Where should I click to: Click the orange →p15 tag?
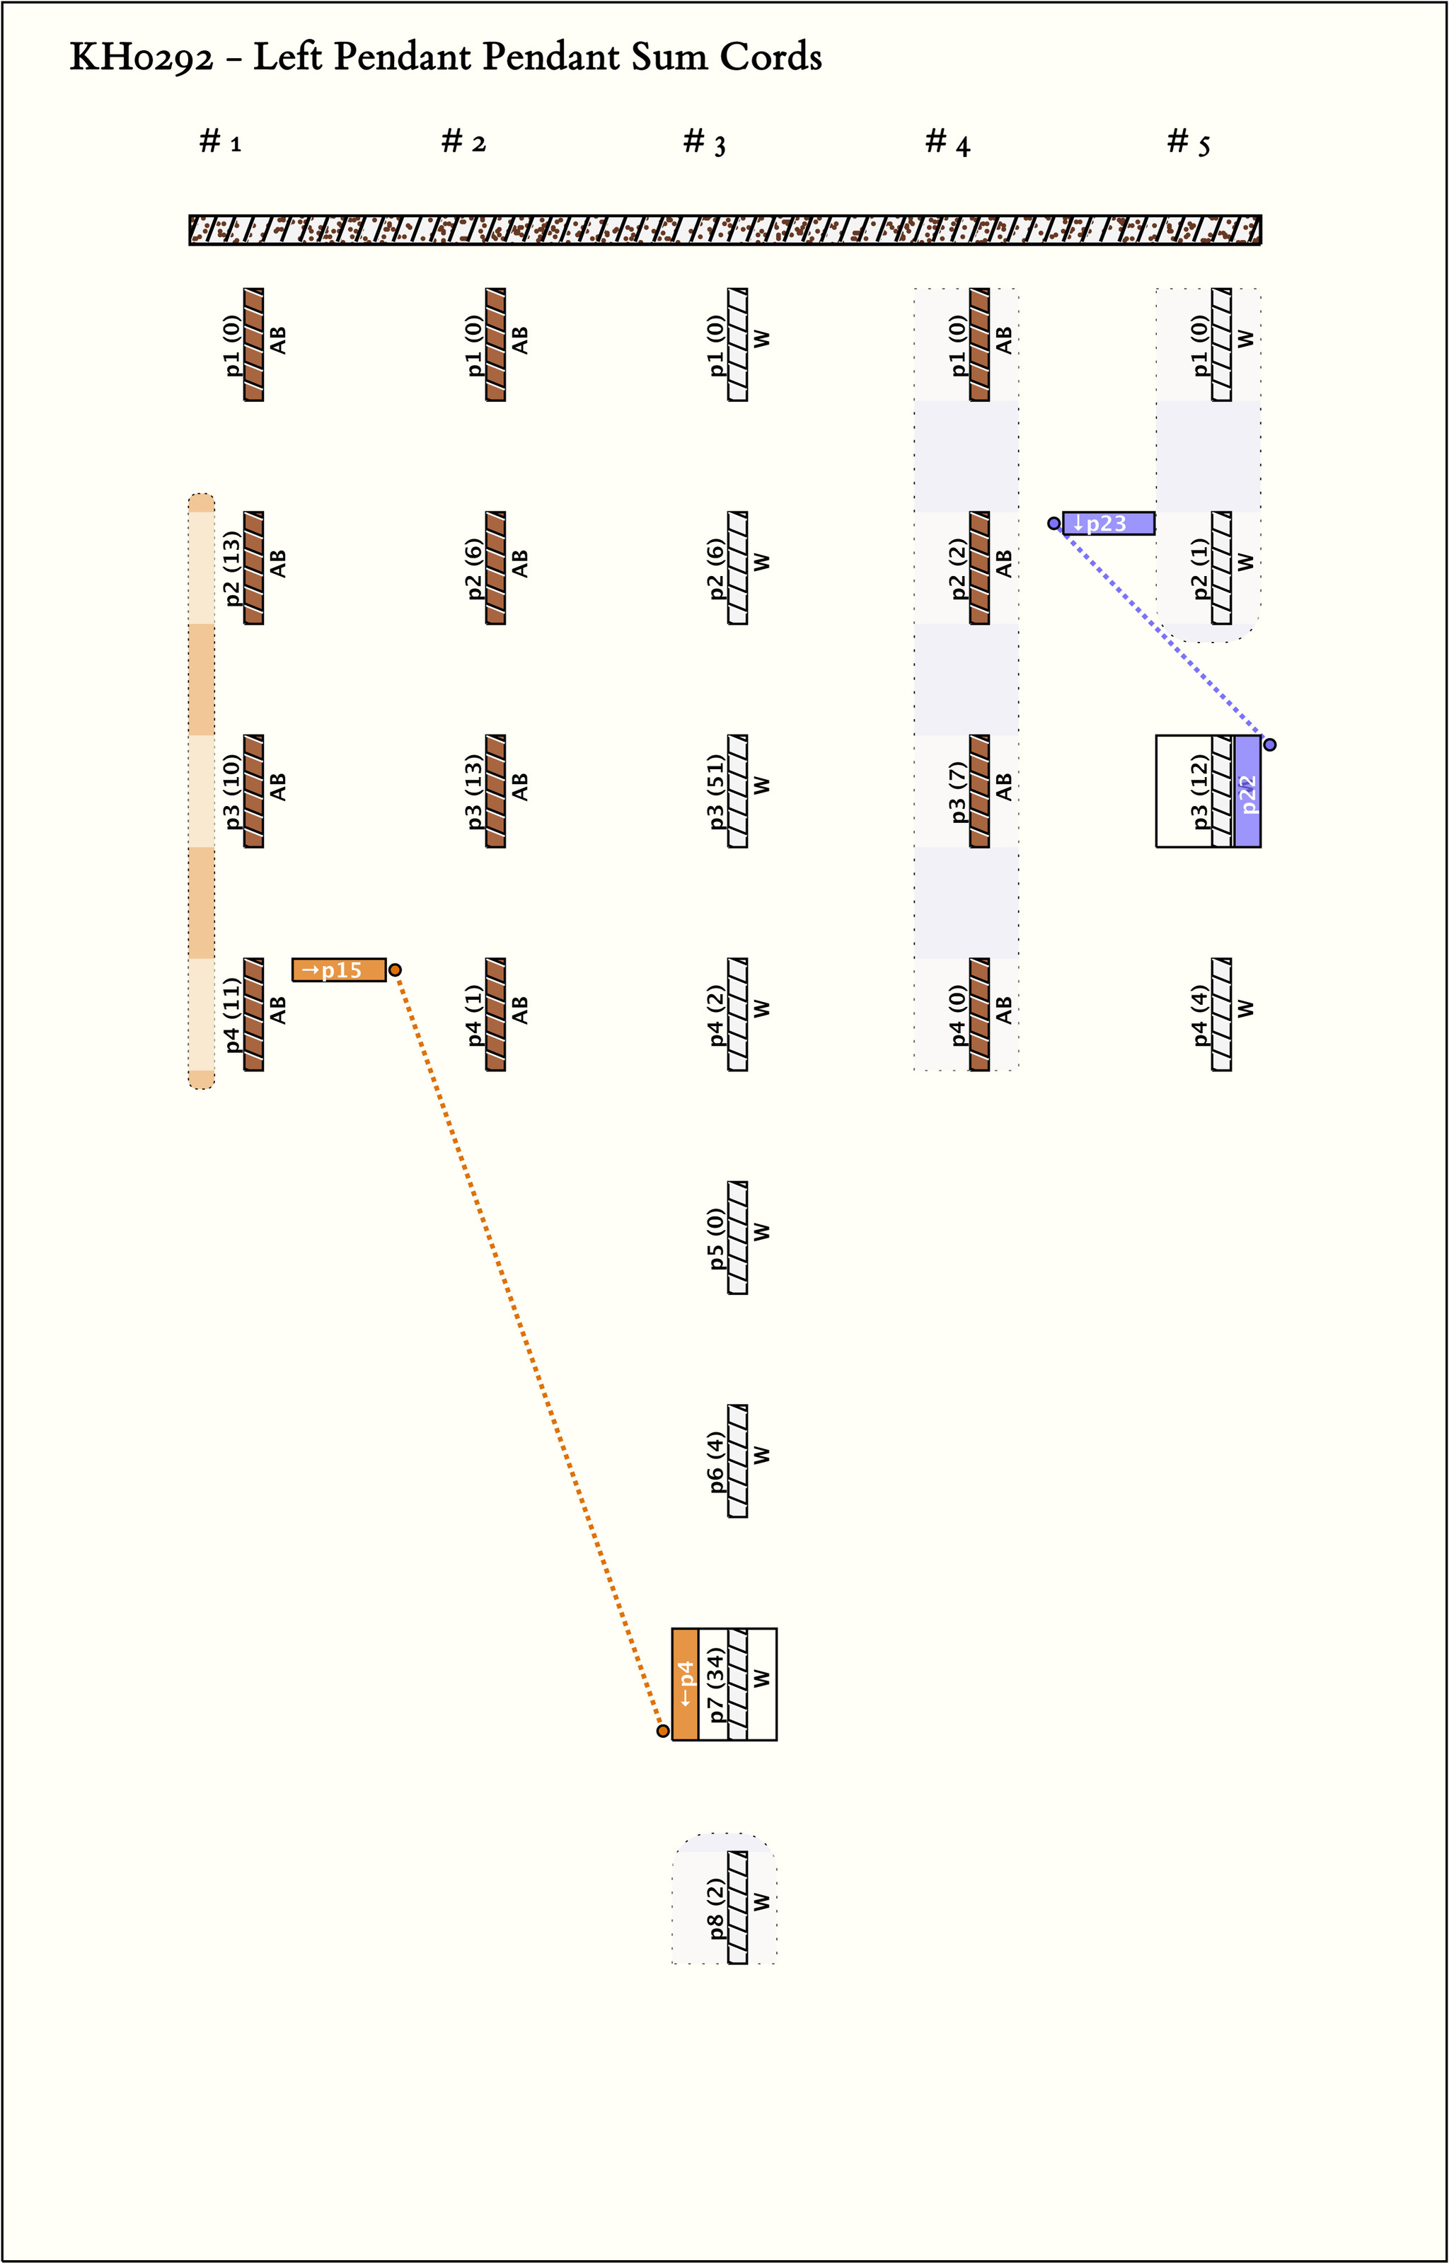pyautogui.click(x=339, y=969)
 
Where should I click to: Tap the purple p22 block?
pyautogui.click(x=1247, y=791)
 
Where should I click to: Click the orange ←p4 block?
pyautogui.click(x=685, y=1684)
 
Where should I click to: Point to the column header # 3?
pyautogui.click(x=704, y=142)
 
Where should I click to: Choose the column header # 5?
pyautogui.click(x=1189, y=142)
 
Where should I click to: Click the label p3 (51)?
pyautogui.click(x=716, y=791)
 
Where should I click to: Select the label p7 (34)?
pyautogui.click(x=716, y=1684)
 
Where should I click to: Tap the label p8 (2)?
pyautogui.click(x=716, y=1908)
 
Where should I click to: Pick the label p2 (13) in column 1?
pyautogui.click(x=231, y=568)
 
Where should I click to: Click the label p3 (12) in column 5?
pyautogui.click(x=1200, y=791)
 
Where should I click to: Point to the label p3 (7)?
pyautogui.click(x=958, y=791)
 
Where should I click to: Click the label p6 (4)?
pyautogui.click(x=716, y=1461)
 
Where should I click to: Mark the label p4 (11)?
pyautogui.click(x=231, y=1014)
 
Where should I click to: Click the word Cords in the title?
pyautogui.click(x=770, y=57)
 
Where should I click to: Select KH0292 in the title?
pyautogui.click(x=141, y=57)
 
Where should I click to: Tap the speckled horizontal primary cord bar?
pyautogui.click(x=724, y=229)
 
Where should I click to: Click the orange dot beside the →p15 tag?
pyautogui.click(x=396, y=970)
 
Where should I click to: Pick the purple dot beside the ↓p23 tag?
pyautogui.click(x=1053, y=523)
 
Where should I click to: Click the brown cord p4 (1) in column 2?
pyautogui.click(x=496, y=1014)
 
